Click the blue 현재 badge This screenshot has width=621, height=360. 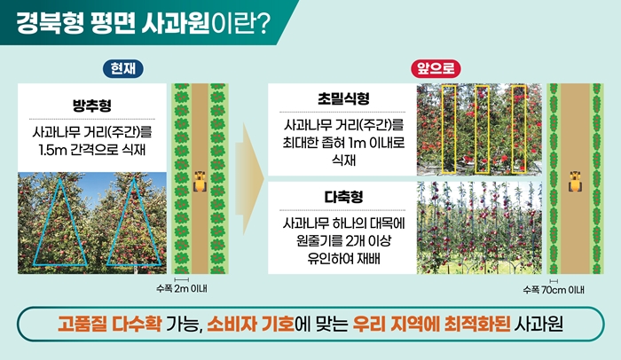click(122, 69)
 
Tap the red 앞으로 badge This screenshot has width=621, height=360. click(436, 69)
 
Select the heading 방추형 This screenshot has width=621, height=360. click(92, 106)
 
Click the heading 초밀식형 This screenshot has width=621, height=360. click(343, 98)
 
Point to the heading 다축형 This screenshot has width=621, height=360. click(343, 197)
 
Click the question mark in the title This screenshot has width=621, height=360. click(262, 24)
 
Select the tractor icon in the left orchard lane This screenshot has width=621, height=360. click(200, 182)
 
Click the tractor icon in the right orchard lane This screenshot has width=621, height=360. click(575, 182)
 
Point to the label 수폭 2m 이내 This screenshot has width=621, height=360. click(182, 288)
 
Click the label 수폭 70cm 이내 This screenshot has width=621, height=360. click(554, 290)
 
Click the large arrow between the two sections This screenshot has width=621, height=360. click(249, 179)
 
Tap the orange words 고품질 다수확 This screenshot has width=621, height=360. click(109, 324)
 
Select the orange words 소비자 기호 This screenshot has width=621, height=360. click(250, 324)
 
